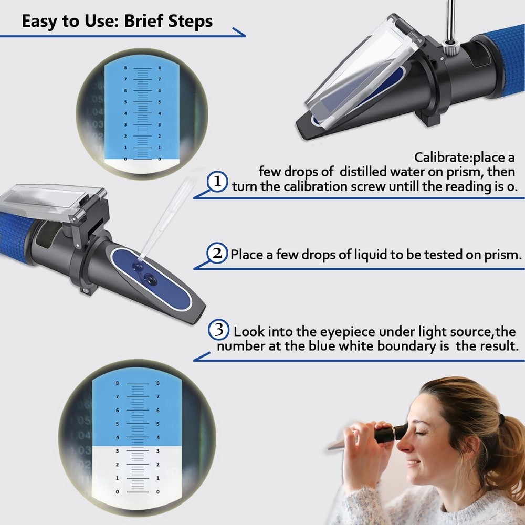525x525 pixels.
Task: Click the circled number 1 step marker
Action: tap(217, 182)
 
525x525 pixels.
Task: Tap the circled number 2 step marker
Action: tap(216, 254)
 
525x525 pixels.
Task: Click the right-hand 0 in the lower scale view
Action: tap(158, 491)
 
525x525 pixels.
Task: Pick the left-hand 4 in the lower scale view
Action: tap(117, 437)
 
